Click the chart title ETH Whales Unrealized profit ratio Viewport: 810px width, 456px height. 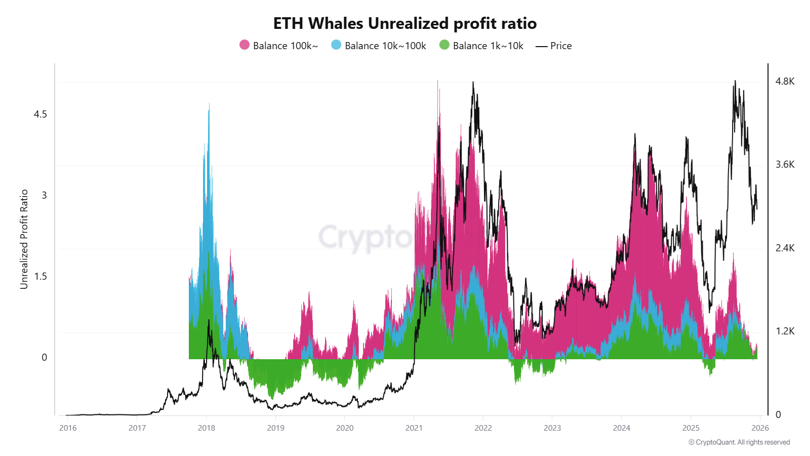click(404, 23)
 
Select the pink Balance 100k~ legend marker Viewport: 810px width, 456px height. click(245, 45)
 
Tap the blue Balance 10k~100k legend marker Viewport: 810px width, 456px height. click(336, 45)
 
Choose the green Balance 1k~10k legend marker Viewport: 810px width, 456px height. click(444, 45)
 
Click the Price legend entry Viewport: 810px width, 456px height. click(554, 46)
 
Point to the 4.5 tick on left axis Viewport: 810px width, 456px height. click(40, 115)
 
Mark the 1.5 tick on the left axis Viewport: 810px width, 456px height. click(40, 277)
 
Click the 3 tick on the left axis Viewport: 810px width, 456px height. click(44, 196)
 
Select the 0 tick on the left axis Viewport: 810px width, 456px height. click(44, 358)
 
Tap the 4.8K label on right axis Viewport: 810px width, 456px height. click(785, 82)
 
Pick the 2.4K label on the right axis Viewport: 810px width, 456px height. click(785, 248)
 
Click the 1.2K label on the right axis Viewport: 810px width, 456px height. click(785, 331)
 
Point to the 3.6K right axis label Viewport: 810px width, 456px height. click(785, 165)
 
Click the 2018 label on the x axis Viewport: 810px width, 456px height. click(207, 428)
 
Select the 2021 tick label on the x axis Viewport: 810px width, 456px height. click(414, 428)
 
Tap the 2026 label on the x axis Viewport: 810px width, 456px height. click(760, 428)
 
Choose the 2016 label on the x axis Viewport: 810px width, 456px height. click(68, 428)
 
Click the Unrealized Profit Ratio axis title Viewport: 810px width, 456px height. click(24, 239)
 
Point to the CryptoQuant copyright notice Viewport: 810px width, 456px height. click(739, 442)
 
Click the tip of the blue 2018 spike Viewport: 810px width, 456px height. click(209, 104)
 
